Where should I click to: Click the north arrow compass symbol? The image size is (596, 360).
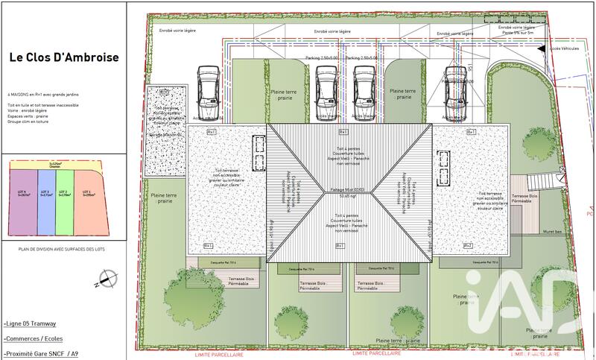pos(105,280)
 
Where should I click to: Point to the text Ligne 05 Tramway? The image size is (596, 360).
pos(30,324)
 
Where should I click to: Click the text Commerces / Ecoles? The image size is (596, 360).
pos(33,339)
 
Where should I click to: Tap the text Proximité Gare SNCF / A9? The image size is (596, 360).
pos(40,354)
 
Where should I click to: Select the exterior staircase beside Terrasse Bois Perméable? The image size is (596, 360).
pos(539,183)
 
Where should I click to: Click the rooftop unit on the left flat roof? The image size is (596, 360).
pos(259,154)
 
